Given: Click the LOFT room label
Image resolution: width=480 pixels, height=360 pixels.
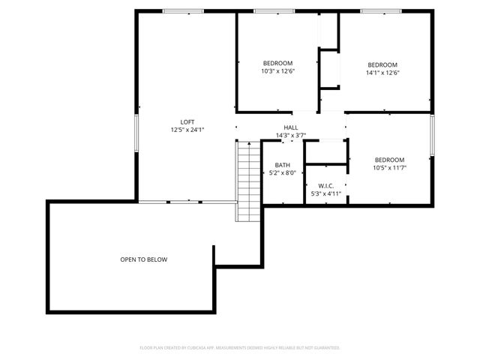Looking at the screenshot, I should [x=187, y=121].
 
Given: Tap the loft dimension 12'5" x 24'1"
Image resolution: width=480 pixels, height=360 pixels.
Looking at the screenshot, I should [x=187, y=129].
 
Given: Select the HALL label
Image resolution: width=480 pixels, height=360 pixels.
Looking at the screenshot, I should [x=291, y=127].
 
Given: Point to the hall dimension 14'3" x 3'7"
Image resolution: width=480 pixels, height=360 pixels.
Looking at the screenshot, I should [x=291, y=135].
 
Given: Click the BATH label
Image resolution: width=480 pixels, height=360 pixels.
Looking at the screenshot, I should [x=282, y=165].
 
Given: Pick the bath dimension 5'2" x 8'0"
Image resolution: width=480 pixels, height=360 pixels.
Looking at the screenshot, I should [x=282, y=172].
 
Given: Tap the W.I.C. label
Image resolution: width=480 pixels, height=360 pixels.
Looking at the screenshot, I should [x=325, y=186].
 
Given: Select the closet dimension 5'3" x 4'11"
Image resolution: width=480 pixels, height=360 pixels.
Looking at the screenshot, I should [x=325, y=193].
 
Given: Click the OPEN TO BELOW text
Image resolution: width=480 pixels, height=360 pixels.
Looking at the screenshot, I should [x=144, y=259].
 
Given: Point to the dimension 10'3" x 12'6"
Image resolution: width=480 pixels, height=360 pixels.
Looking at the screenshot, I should [x=277, y=72].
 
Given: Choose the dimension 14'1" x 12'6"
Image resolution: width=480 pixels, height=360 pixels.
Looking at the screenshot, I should [x=382, y=73].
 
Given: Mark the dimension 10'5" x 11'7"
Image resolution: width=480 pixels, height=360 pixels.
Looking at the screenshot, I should [x=389, y=167].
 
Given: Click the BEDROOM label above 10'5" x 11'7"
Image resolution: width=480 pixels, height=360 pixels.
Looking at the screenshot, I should [x=389, y=160].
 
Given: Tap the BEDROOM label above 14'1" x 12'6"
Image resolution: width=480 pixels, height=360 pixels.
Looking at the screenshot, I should [x=382, y=64].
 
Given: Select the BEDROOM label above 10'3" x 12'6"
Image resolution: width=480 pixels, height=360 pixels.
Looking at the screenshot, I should [x=277, y=63].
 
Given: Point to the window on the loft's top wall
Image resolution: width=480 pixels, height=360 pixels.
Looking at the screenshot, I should [x=182, y=10].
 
